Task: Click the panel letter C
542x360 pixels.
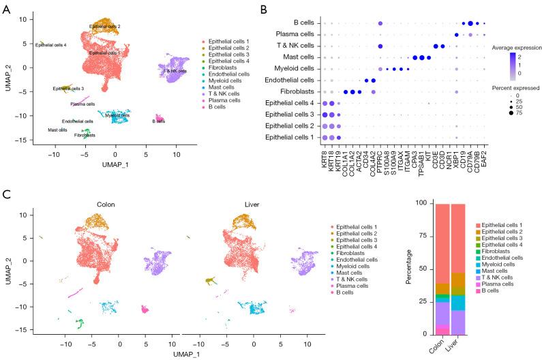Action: [7, 194]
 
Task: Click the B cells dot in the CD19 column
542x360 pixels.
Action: [463, 22]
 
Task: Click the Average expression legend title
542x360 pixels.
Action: [514, 47]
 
